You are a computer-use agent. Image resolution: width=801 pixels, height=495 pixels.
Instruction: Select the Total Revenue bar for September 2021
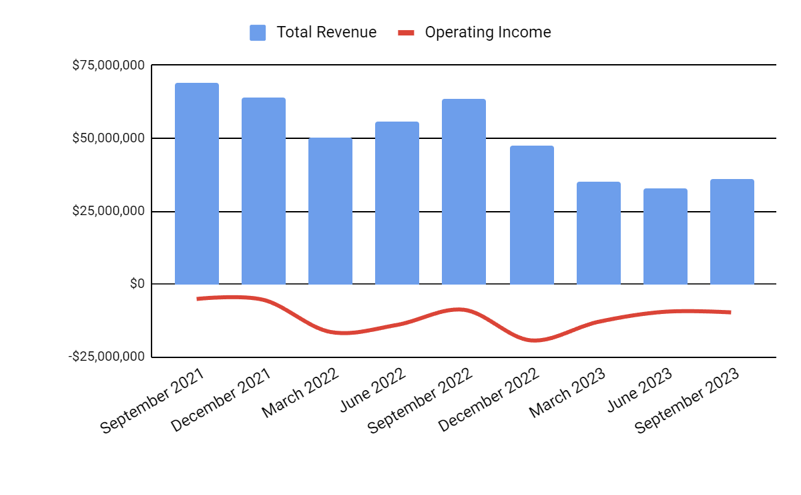coord(197,184)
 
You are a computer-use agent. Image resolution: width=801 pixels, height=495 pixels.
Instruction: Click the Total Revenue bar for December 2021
coord(264,191)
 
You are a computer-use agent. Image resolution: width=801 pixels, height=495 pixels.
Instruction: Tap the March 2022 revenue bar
coord(330,211)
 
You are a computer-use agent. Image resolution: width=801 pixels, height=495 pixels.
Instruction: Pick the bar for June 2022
coord(397,203)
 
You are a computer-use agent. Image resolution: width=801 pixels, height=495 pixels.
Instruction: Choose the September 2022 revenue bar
coord(464,192)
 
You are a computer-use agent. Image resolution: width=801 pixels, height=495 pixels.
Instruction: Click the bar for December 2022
coord(532,215)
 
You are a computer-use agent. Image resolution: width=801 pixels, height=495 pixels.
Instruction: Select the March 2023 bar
coord(599,233)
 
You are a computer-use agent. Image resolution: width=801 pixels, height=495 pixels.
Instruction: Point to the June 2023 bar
coord(665,236)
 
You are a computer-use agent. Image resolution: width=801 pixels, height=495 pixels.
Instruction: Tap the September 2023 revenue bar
coord(732,232)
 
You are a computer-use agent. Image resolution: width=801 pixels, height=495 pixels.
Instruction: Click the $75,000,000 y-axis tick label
coord(108,65)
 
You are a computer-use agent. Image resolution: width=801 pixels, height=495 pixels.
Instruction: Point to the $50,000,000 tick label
coord(108,138)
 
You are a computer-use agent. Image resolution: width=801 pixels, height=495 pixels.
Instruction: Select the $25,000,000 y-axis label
coord(108,211)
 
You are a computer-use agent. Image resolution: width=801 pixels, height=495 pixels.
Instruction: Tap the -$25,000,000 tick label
coord(106,357)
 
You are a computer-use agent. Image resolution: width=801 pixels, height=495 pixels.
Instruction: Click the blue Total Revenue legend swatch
coord(258,32)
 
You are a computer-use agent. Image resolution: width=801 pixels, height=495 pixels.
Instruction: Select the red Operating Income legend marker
coord(407,32)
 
